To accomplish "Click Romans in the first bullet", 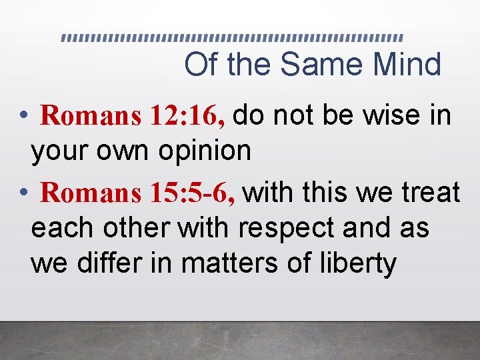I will click(x=91, y=116).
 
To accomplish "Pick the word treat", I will click(x=429, y=193).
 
